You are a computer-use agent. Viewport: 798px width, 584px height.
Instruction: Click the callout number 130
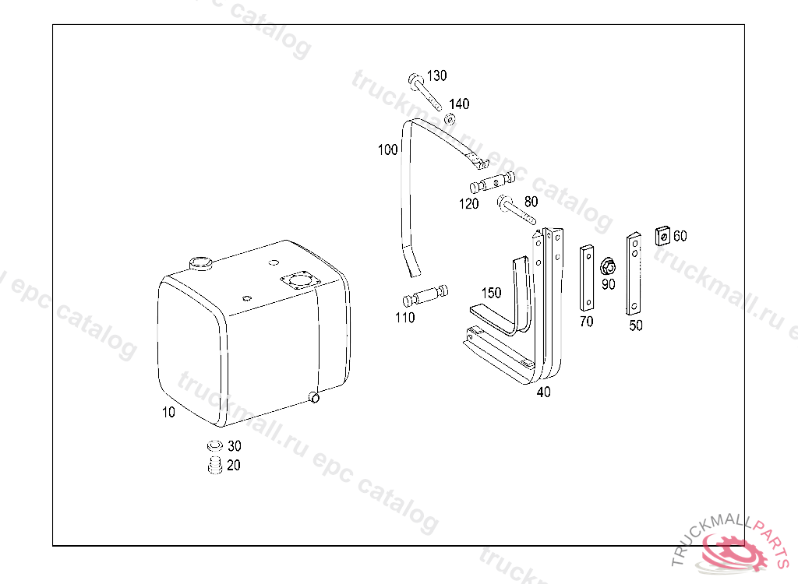(x=436, y=76)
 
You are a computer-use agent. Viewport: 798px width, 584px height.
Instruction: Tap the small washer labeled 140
(x=450, y=120)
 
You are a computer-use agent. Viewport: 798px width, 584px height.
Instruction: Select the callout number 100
(x=388, y=150)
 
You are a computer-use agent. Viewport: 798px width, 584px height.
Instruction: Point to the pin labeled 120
(x=493, y=183)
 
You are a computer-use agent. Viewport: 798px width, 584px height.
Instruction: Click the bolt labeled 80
(x=516, y=209)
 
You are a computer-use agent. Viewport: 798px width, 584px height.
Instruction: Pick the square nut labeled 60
(x=662, y=235)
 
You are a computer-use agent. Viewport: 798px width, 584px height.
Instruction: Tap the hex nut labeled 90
(x=608, y=266)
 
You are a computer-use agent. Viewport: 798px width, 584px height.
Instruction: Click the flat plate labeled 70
(x=586, y=278)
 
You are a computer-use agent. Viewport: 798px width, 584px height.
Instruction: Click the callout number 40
(x=543, y=392)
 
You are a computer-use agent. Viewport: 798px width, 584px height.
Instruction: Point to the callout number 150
(x=491, y=293)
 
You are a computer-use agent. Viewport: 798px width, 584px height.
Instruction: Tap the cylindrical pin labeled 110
(x=425, y=296)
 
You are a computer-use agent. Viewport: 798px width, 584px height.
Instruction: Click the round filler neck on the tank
(x=200, y=263)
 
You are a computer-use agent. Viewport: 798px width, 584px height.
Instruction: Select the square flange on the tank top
(x=301, y=281)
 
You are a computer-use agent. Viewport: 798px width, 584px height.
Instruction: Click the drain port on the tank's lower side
(x=314, y=397)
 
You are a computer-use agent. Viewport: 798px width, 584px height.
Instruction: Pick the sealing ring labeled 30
(x=215, y=446)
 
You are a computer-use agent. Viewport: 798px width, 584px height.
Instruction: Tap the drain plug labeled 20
(x=215, y=466)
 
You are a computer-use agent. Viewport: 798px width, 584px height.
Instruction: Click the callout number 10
(x=168, y=412)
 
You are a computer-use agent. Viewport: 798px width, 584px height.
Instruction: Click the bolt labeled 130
(x=425, y=92)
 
